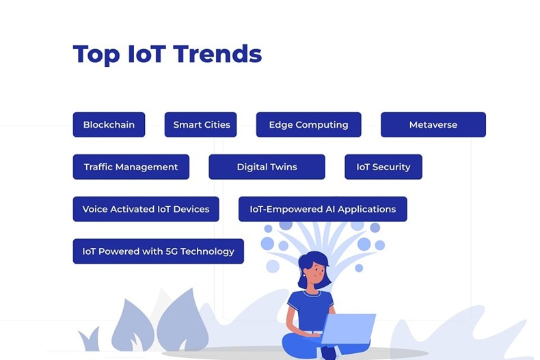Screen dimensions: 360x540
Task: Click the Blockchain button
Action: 109,125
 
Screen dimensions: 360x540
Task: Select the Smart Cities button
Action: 201,125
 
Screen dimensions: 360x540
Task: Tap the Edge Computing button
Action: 308,125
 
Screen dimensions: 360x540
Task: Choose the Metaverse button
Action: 433,125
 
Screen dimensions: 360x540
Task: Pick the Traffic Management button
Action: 131,167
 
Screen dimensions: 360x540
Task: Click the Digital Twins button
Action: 267,167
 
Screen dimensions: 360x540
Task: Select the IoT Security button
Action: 383,167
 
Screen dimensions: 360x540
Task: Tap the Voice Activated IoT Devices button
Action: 146,209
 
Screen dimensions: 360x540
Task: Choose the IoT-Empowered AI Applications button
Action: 323,209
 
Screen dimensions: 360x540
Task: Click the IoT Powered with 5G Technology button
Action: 158,251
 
